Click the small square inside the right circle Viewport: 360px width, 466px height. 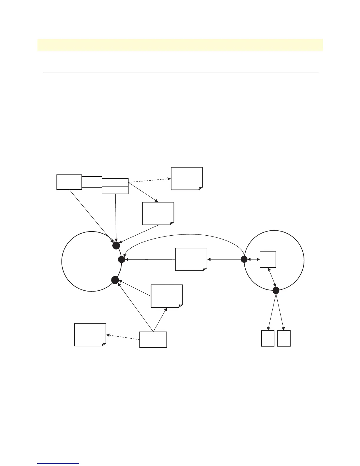pyautogui.click(x=268, y=259)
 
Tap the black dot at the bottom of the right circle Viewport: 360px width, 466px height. pyautogui.click(x=276, y=290)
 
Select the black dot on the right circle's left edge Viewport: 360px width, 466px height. pyautogui.click(x=244, y=259)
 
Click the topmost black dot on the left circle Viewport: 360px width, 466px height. pyautogui.click(x=116, y=245)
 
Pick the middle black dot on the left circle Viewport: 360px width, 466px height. pyautogui.click(x=121, y=259)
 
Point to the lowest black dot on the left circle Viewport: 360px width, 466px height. pyautogui.click(x=115, y=280)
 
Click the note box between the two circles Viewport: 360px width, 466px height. pyautogui.click(x=191, y=259)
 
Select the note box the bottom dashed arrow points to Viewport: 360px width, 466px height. pyautogui.click(x=90, y=334)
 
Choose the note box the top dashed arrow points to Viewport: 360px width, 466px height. pyautogui.click(x=187, y=179)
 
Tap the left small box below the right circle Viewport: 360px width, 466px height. pyautogui.click(x=268, y=338)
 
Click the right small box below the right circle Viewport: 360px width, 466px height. pyautogui.click(x=284, y=338)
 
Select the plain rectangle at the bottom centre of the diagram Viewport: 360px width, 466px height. pyautogui.click(x=153, y=339)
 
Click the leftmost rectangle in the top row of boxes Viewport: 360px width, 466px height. pyautogui.click(x=69, y=182)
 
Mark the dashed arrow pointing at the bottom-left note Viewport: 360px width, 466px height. pyautogui.click(x=123, y=337)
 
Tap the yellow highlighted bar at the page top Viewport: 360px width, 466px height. pyautogui.click(x=180, y=45)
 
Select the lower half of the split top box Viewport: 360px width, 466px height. pyautogui.click(x=115, y=190)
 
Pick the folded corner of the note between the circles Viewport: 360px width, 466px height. pyautogui.click(x=205, y=268)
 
